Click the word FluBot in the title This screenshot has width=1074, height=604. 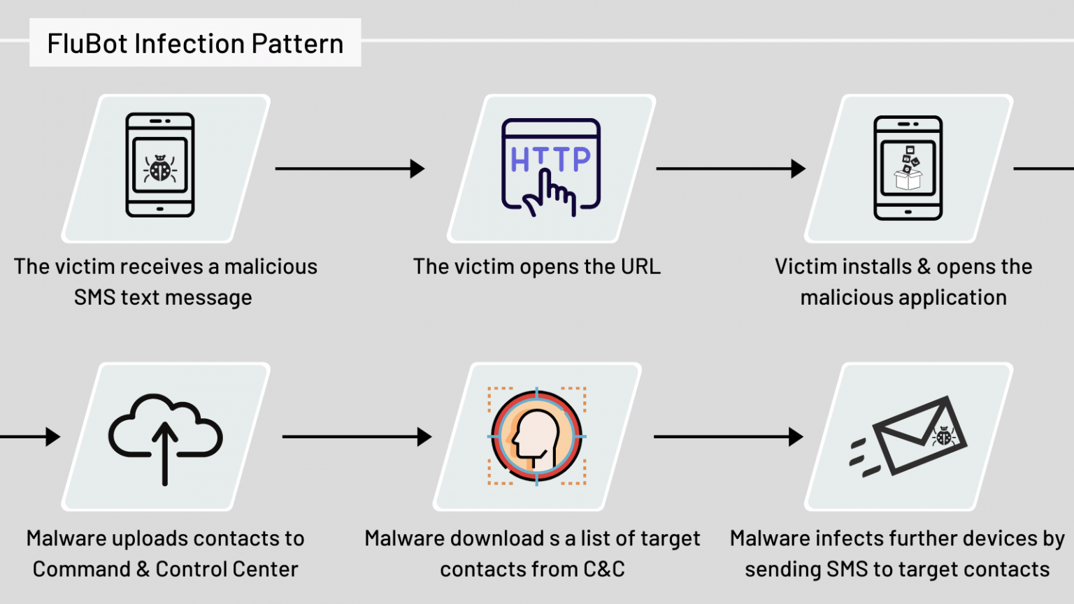pyautogui.click(x=87, y=43)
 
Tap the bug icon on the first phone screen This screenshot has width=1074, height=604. pyautogui.click(x=160, y=168)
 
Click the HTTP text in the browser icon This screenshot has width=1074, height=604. pyautogui.click(x=551, y=159)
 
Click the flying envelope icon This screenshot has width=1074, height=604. pyautogui.click(x=908, y=436)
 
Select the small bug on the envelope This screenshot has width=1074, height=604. pyautogui.click(x=943, y=436)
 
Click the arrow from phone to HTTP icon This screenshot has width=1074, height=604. pyautogui.click(x=350, y=168)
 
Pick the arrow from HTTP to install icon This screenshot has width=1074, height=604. pyautogui.click(x=731, y=168)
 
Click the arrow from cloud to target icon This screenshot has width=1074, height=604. pyautogui.click(x=357, y=437)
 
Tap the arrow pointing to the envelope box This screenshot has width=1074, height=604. pyautogui.click(x=729, y=437)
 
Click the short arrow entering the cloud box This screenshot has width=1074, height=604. pyautogui.click(x=30, y=437)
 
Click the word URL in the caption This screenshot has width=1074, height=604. pyautogui.click(x=640, y=266)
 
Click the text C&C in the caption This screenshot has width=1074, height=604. pyautogui.click(x=604, y=569)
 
